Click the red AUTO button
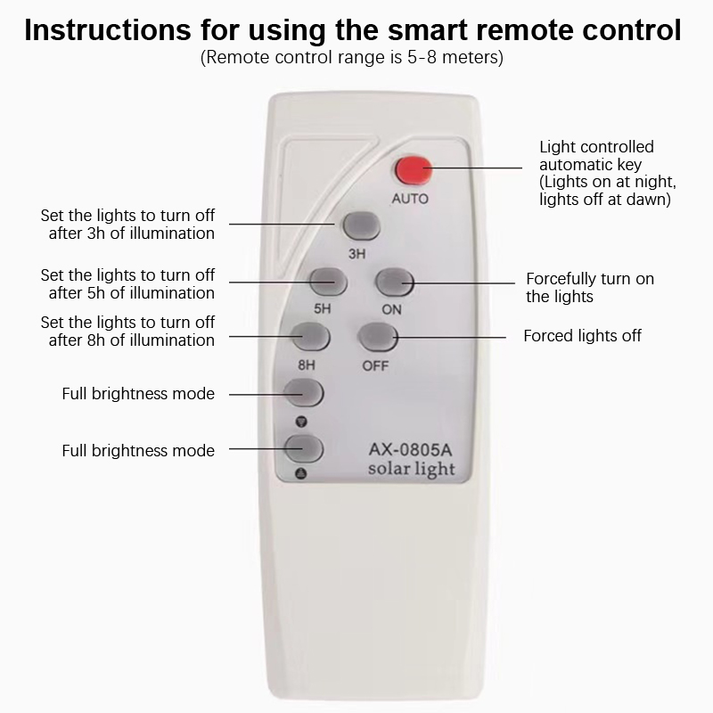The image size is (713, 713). point(414,171)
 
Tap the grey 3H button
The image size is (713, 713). point(362,226)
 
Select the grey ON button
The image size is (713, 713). point(395,283)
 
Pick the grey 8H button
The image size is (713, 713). point(310,337)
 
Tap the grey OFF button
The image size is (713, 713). point(378,338)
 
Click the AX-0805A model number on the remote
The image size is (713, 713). point(410,450)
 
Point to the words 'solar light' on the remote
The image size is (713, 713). point(412,470)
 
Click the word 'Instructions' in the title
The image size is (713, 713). point(108,30)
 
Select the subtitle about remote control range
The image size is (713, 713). point(352,58)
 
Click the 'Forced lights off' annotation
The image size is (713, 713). point(582,336)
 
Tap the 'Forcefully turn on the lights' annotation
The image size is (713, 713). point(590,287)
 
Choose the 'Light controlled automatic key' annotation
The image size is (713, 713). point(608,173)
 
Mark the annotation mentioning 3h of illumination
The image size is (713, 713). point(127,225)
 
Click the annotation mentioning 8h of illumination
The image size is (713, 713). point(127,331)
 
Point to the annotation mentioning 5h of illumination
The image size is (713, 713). point(127,283)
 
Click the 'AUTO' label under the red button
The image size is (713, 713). point(410,199)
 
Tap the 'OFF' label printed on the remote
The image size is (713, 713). point(375,365)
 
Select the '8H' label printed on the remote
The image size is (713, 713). point(306,365)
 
